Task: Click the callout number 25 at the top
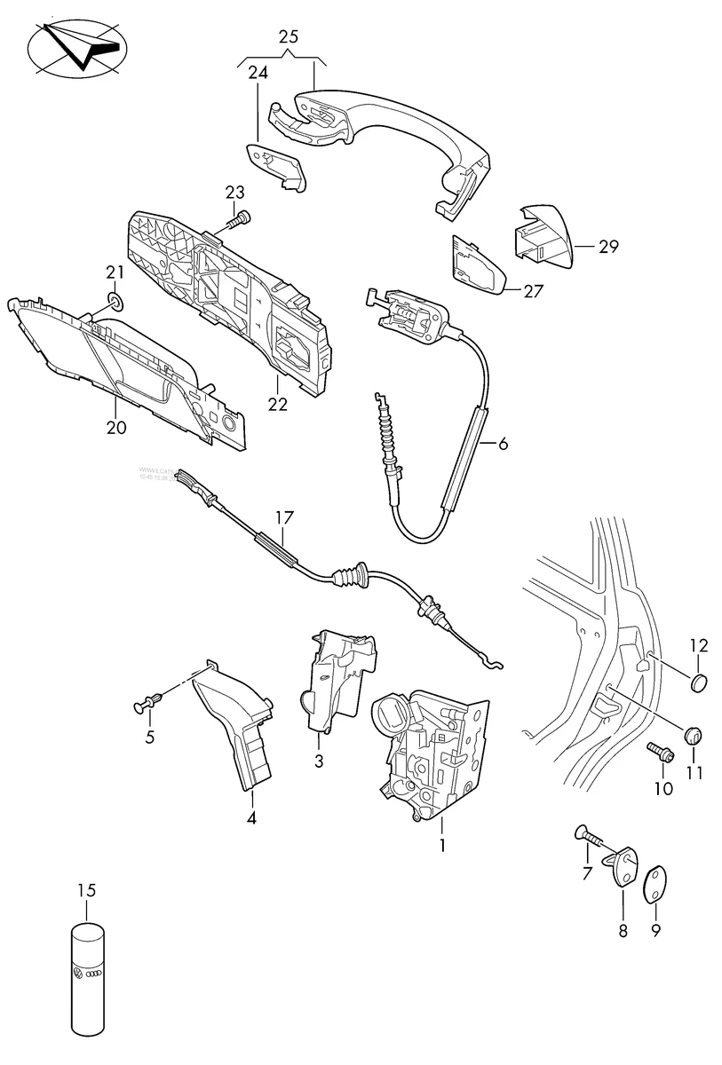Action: click(289, 37)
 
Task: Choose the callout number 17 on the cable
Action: click(283, 516)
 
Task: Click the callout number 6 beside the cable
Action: click(503, 445)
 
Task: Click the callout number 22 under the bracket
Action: click(277, 405)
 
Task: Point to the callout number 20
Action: click(115, 427)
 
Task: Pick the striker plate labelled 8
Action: click(622, 867)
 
